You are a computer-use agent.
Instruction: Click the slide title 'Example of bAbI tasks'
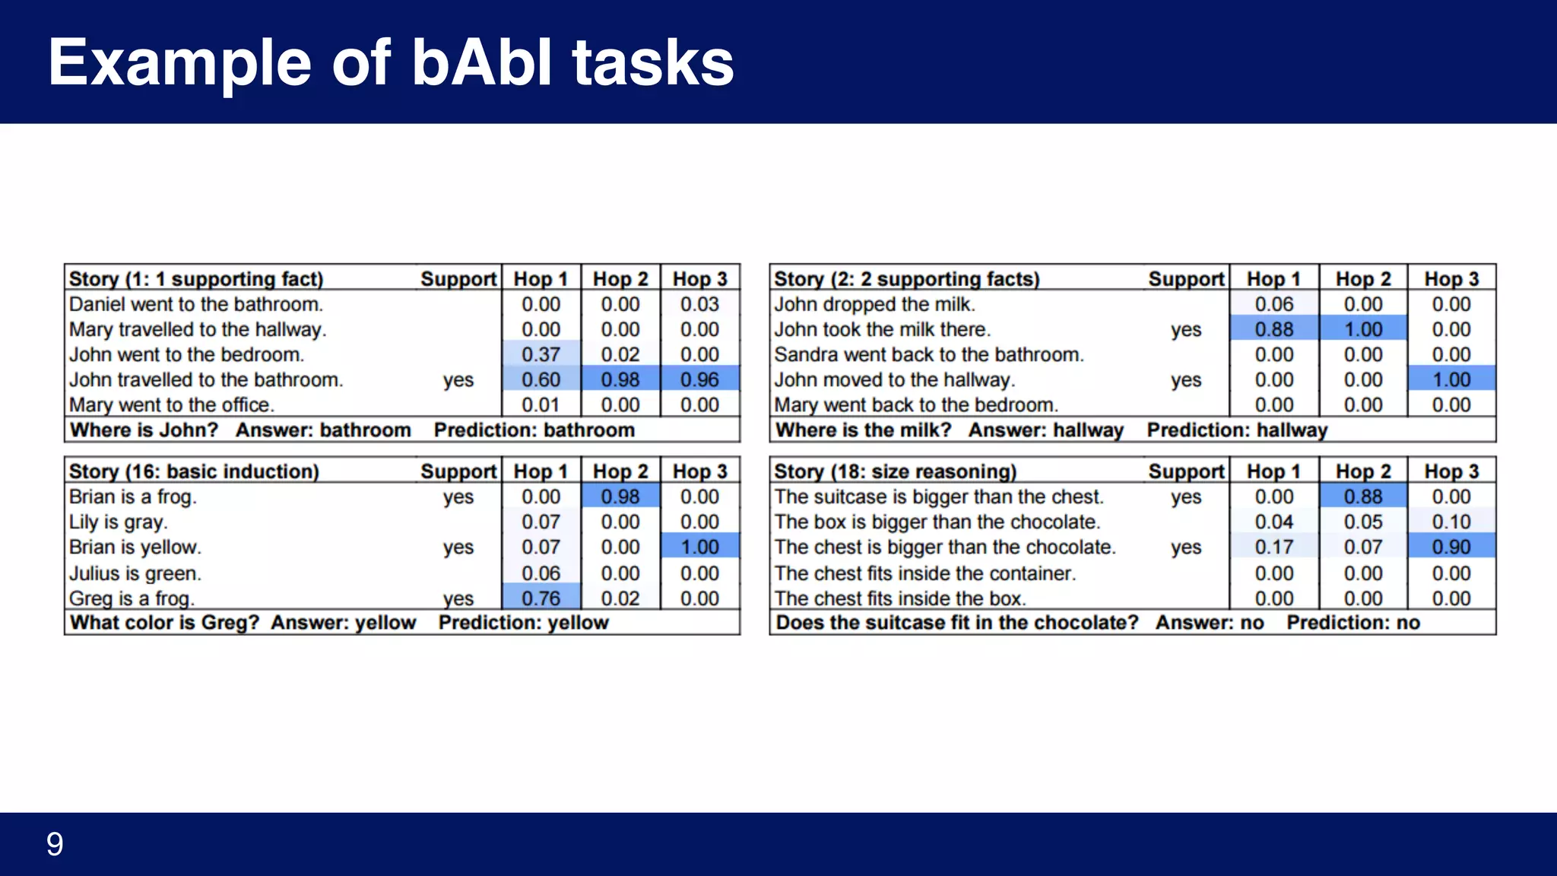[x=391, y=62]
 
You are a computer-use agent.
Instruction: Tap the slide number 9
[x=55, y=844]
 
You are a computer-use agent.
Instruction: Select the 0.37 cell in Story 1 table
[x=541, y=354]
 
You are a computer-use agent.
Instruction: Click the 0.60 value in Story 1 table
[x=541, y=379]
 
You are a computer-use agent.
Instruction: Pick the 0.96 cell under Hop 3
[x=699, y=379]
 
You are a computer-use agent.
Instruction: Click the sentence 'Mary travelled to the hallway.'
[x=198, y=329]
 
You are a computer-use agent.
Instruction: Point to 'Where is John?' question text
[x=144, y=430]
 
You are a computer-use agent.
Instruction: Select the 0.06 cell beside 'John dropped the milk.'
[x=1273, y=304]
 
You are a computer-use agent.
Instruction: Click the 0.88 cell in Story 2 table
[x=1273, y=329]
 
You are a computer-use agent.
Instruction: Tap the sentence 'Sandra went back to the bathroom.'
[x=928, y=354]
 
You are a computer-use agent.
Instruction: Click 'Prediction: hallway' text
[x=1236, y=430]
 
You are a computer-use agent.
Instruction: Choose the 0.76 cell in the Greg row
[x=541, y=598]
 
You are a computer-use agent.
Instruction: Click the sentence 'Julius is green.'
[x=135, y=573]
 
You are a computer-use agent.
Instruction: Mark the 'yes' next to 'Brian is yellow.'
[x=458, y=547]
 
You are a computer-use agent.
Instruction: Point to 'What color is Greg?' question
[x=164, y=623]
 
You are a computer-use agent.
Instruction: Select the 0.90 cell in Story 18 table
[x=1451, y=547]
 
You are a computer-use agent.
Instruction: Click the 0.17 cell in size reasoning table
[x=1273, y=547]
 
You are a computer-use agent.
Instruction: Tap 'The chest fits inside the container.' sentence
[x=924, y=573]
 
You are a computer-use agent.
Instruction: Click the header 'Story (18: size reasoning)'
[x=895, y=471]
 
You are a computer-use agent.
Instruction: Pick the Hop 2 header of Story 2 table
[x=1362, y=279]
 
